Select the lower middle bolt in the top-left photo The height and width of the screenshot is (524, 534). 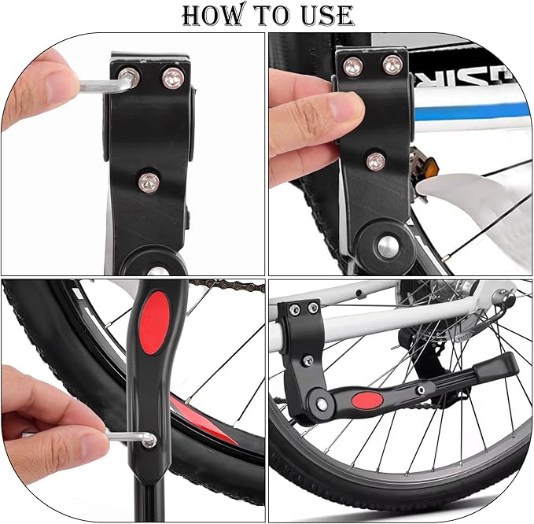tap(149, 183)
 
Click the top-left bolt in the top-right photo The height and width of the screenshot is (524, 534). tap(352, 66)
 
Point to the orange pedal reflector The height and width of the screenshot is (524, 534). tap(429, 168)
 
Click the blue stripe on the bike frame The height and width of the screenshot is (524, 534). tap(473, 113)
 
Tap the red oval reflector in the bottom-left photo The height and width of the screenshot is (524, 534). tap(155, 323)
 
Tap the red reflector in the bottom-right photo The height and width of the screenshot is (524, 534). tap(366, 400)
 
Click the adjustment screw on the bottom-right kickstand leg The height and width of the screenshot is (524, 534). tap(421, 389)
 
